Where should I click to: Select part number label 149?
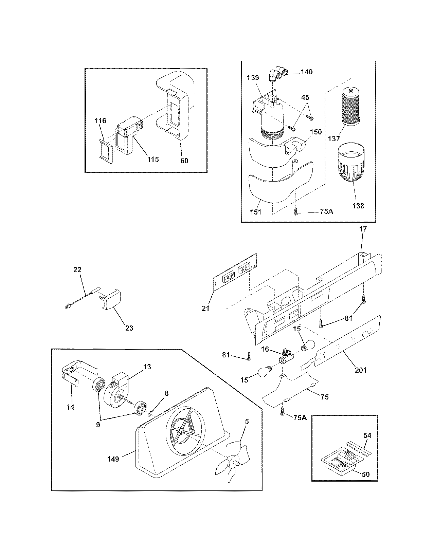[113, 459]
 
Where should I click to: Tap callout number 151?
[256, 212]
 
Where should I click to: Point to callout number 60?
[184, 161]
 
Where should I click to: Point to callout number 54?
[367, 435]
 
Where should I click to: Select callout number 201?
[361, 370]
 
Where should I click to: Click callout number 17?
[363, 229]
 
